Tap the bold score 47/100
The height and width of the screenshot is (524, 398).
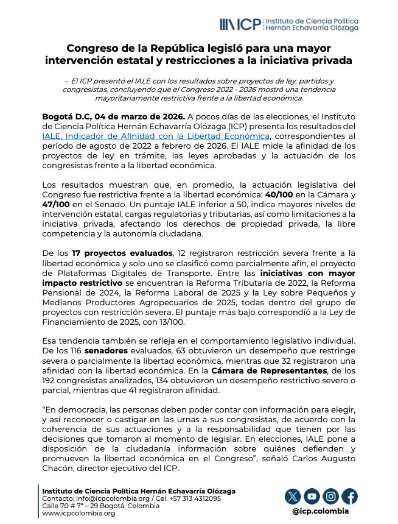tap(60, 204)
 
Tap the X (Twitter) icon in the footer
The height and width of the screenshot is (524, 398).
tap(293, 496)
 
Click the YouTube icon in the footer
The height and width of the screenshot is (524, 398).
tap(312, 496)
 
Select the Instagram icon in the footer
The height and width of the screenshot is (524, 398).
tap(330, 496)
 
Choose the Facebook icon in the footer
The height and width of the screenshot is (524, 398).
tap(349, 496)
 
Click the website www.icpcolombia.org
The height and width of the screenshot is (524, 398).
tap(79, 513)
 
